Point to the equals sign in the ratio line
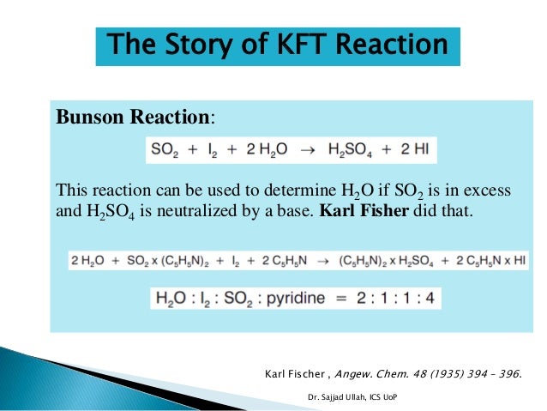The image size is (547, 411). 352,298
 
